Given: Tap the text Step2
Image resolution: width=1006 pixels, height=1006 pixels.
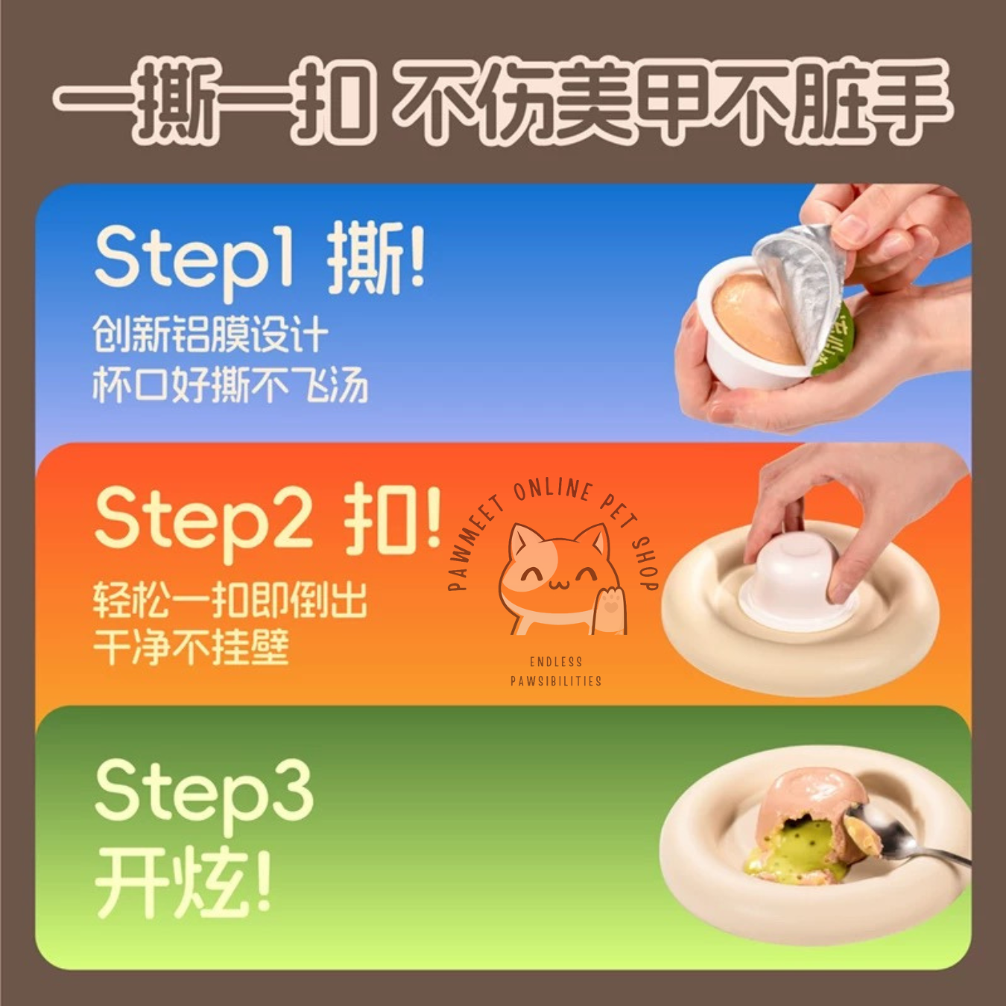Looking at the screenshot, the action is (x=204, y=523).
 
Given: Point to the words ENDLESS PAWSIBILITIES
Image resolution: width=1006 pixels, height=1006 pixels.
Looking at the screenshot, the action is (x=555, y=671).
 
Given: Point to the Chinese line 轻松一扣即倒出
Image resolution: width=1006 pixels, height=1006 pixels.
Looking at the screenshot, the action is (x=230, y=600).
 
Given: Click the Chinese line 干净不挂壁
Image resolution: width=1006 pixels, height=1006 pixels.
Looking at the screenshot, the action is (x=191, y=646).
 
